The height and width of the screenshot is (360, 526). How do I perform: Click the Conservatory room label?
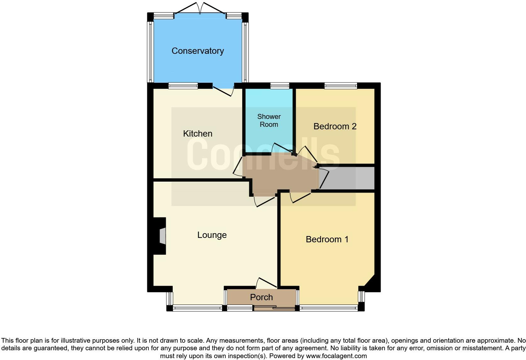click(198, 51)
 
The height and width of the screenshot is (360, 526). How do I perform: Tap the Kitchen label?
click(198, 134)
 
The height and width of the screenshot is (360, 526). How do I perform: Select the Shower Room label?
click(269, 121)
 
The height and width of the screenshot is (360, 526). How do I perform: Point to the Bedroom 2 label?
click(335, 127)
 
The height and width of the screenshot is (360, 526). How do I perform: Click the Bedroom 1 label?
click(327, 239)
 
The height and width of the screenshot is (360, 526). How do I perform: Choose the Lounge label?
click(212, 235)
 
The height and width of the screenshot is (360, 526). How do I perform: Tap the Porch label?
click(261, 297)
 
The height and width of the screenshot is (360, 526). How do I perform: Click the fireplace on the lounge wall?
click(161, 236)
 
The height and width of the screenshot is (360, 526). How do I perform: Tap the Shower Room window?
click(280, 86)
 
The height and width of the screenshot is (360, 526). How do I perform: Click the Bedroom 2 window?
click(341, 86)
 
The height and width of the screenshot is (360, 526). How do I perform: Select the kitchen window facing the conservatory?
click(183, 86)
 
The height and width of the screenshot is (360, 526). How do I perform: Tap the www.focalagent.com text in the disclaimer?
click(336, 356)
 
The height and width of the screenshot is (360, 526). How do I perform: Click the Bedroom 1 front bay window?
click(329, 308)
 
